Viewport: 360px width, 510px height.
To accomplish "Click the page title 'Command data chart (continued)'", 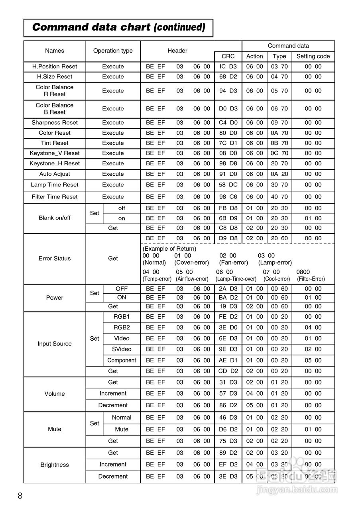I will point(118,27).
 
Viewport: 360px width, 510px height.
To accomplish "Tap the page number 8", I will point(20,496).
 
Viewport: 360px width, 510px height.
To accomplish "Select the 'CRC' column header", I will point(228,56).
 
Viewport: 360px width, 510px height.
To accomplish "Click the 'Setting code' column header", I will point(313,56).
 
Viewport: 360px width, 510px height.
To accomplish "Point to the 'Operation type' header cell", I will point(113,51).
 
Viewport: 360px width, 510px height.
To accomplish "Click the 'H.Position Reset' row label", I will point(55,67).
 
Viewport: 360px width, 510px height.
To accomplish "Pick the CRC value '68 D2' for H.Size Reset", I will point(228,76).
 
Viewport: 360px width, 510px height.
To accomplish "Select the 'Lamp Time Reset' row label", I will point(55,185).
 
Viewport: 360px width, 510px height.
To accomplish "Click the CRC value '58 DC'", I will point(228,185).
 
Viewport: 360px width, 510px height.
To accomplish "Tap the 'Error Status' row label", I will point(55,259).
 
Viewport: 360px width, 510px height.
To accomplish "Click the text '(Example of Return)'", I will point(169,249).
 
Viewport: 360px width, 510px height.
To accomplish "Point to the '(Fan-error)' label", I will point(234,263).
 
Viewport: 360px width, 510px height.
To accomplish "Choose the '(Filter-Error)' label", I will point(311,279).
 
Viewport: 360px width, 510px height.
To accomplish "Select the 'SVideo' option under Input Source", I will point(122,349).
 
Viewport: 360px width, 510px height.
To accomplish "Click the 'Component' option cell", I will point(122,360).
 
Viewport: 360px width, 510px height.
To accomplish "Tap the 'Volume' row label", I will point(55,394).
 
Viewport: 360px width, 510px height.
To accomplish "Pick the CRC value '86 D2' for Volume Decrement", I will point(228,405).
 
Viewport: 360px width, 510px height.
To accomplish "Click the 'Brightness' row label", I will point(55,465).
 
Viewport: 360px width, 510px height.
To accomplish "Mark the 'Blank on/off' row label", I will point(55,218).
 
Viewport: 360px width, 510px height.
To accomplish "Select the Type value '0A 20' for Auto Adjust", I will point(279,174).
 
